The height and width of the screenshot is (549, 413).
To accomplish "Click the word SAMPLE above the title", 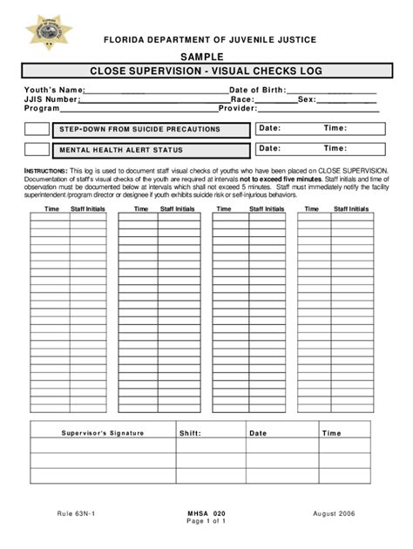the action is tap(206, 57).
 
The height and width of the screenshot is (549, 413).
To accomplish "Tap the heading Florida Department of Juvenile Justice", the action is tap(206, 40).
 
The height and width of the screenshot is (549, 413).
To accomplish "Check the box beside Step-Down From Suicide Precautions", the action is tap(37, 129).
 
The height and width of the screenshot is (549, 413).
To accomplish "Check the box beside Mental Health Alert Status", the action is tap(37, 149).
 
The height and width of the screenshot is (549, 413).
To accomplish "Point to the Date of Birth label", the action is tap(257, 90).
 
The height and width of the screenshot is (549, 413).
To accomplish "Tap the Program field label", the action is tap(43, 109).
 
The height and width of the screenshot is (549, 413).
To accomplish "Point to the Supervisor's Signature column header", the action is tap(103, 433).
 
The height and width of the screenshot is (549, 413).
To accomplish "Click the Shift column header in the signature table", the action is tap(190, 433).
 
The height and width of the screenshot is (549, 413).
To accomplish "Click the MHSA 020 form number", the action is tap(206, 514).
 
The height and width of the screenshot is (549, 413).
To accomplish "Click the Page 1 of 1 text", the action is tap(206, 523).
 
